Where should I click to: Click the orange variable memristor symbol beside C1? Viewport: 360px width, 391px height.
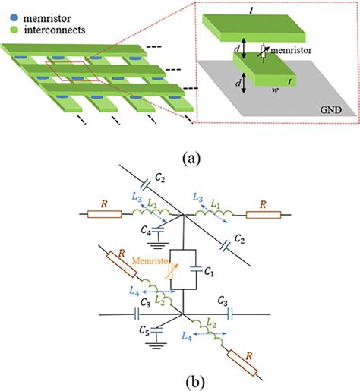(175, 270)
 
